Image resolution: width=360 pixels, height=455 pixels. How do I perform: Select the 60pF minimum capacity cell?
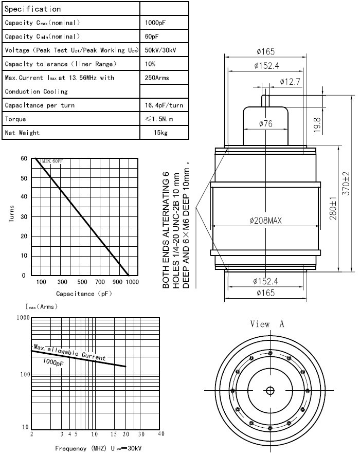pos(152,37)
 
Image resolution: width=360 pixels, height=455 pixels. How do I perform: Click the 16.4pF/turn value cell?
pos(164,105)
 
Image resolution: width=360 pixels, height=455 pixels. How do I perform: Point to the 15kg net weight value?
pos(161,133)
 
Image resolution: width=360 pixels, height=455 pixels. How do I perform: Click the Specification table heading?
pos(33,9)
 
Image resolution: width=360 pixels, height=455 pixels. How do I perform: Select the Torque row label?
pos(15,119)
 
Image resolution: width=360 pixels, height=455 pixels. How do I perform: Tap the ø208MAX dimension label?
pos(266,221)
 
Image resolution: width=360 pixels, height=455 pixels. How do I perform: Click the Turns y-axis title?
pos(11,214)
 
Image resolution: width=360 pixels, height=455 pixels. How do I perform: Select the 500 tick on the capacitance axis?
pos(82,282)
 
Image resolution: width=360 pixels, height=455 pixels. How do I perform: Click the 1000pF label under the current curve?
pos(53,362)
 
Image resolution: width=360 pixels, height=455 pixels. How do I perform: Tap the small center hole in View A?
pos(269,390)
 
